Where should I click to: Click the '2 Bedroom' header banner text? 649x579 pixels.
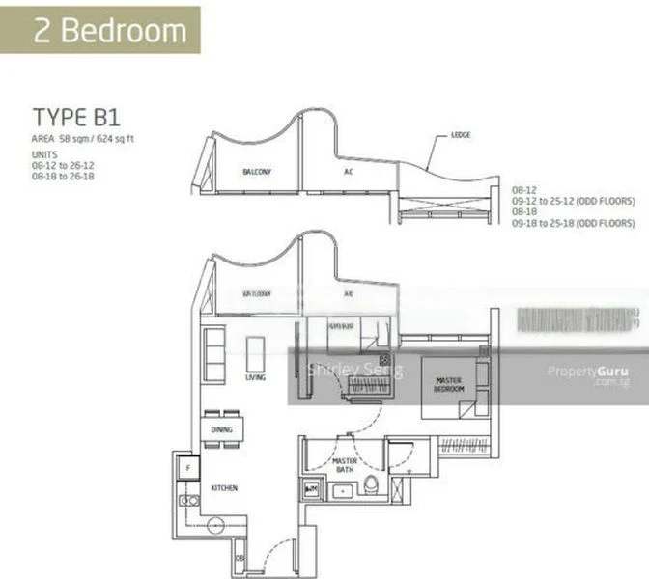(109, 31)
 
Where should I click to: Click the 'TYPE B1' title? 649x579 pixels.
(75, 118)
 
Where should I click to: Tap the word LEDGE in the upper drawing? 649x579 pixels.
(461, 136)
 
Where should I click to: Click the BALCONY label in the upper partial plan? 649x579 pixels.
(256, 172)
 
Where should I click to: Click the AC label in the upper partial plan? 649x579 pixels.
(349, 172)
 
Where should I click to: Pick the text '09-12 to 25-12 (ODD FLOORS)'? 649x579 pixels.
(573, 202)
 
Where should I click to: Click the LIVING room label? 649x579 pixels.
(255, 378)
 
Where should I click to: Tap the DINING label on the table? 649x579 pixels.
(221, 429)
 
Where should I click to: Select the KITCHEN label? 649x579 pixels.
(223, 488)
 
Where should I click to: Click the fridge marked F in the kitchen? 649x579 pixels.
(186, 468)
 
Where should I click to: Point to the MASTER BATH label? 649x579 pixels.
(345, 467)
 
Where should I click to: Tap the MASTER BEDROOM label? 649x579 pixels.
(448, 384)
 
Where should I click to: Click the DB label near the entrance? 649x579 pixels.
(240, 557)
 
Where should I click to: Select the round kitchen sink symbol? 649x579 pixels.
(215, 525)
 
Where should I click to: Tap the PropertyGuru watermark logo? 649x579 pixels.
(587, 372)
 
